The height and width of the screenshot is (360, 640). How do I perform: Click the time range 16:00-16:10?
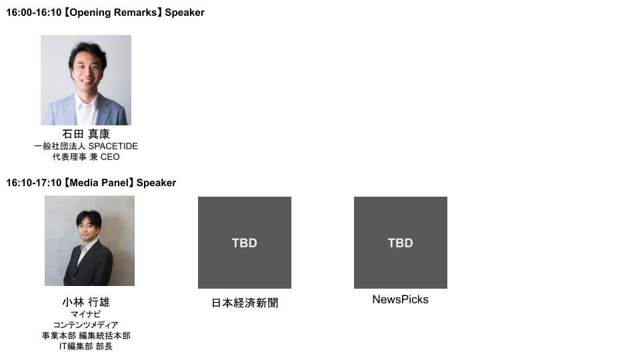[x=33, y=13]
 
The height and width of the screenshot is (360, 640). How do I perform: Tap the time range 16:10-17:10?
[x=33, y=183]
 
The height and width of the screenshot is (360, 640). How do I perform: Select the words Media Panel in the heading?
[x=99, y=183]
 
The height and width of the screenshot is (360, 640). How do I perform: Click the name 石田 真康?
[x=85, y=134]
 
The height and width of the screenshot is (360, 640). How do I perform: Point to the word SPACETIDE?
[x=113, y=146]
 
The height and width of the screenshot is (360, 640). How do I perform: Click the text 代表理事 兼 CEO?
[x=85, y=157]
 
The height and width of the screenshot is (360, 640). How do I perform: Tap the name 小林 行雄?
[x=85, y=302]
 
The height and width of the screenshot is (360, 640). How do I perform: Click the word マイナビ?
[x=85, y=314]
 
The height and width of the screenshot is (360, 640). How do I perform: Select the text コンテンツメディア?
[x=85, y=325]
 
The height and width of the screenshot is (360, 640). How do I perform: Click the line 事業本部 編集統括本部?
[x=85, y=336]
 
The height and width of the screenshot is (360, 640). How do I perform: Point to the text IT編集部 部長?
[x=85, y=347]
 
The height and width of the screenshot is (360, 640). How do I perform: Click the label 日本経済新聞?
[x=245, y=303]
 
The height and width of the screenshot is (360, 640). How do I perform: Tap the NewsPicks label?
[x=400, y=300]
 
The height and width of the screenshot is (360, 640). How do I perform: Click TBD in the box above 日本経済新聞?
[x=245, y=243]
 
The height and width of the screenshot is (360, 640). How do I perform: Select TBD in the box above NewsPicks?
[x=400, y=243]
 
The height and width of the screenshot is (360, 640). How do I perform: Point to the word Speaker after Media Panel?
[x=157, y=183]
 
